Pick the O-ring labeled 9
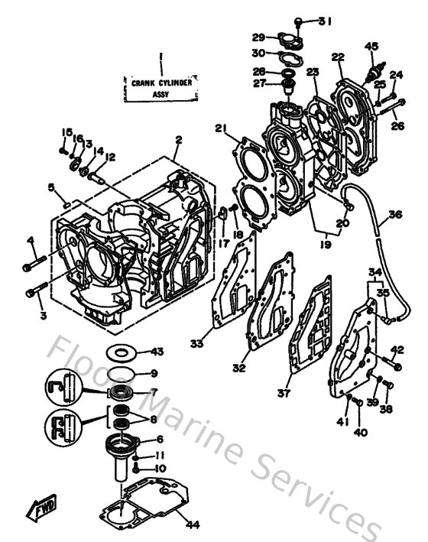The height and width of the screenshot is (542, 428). (x=119, y=374)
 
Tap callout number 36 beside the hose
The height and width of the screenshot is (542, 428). (x=394, y=215)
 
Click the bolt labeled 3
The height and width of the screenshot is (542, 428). (x=37, y=291)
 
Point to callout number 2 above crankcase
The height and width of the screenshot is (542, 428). (x=177, y=140)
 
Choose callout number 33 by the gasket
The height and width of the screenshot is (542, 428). (x=197, y=344)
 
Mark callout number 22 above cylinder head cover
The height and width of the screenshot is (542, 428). (x=338, y=56)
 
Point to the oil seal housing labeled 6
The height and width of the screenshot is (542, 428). (x=123, y=444)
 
